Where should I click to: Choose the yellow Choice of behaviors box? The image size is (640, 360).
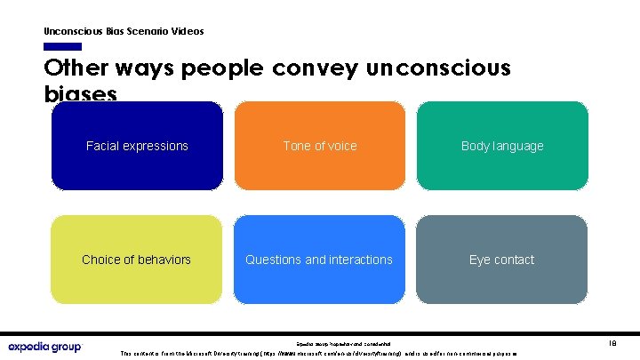(x=137, y=260)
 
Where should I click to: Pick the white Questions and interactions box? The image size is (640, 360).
(x=319, y=260)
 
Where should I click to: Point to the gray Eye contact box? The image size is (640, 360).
(x=502, y=260)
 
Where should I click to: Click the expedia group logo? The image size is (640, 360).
(x=44, y=347)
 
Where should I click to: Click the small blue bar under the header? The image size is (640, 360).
(x=62, y=46)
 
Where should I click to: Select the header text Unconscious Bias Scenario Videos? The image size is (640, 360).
(x=124, y=31)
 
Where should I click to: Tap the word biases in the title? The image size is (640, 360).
(x=80, y=93)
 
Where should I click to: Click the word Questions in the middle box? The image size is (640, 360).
(x=273, y=260)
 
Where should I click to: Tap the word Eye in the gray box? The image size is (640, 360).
(x=481, y=260)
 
